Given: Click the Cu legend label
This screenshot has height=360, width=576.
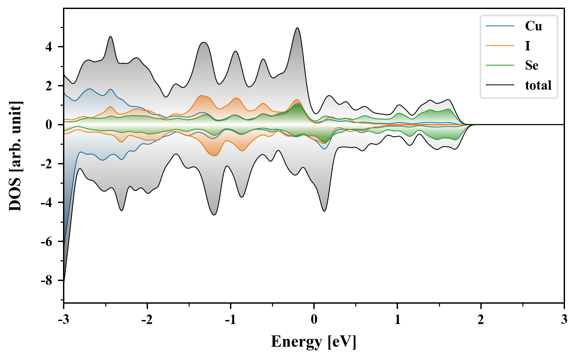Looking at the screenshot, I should (533, 26).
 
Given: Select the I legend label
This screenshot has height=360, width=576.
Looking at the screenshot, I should (527, 46).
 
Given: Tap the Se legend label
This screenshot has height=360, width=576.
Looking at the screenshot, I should (531, 65).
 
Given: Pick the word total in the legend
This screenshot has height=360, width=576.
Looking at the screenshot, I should (538, 85).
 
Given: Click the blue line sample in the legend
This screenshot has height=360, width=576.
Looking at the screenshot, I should (500, 26).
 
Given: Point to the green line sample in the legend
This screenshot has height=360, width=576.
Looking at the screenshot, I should (500, 65).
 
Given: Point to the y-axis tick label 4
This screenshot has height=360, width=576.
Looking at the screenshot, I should (49, 47).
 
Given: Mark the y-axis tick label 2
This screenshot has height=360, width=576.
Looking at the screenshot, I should (49, 86).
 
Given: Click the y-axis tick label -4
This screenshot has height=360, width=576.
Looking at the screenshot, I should (47, 203).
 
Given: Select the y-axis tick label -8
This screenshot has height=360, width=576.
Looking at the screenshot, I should (47, 281).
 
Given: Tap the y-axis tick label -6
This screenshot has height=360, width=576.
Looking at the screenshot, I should (47, 242).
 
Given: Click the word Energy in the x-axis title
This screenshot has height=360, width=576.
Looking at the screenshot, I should (296, 342).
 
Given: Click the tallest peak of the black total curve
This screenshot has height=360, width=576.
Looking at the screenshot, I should (297, 28).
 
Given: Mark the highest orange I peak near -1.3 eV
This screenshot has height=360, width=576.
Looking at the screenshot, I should (201, 96).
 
